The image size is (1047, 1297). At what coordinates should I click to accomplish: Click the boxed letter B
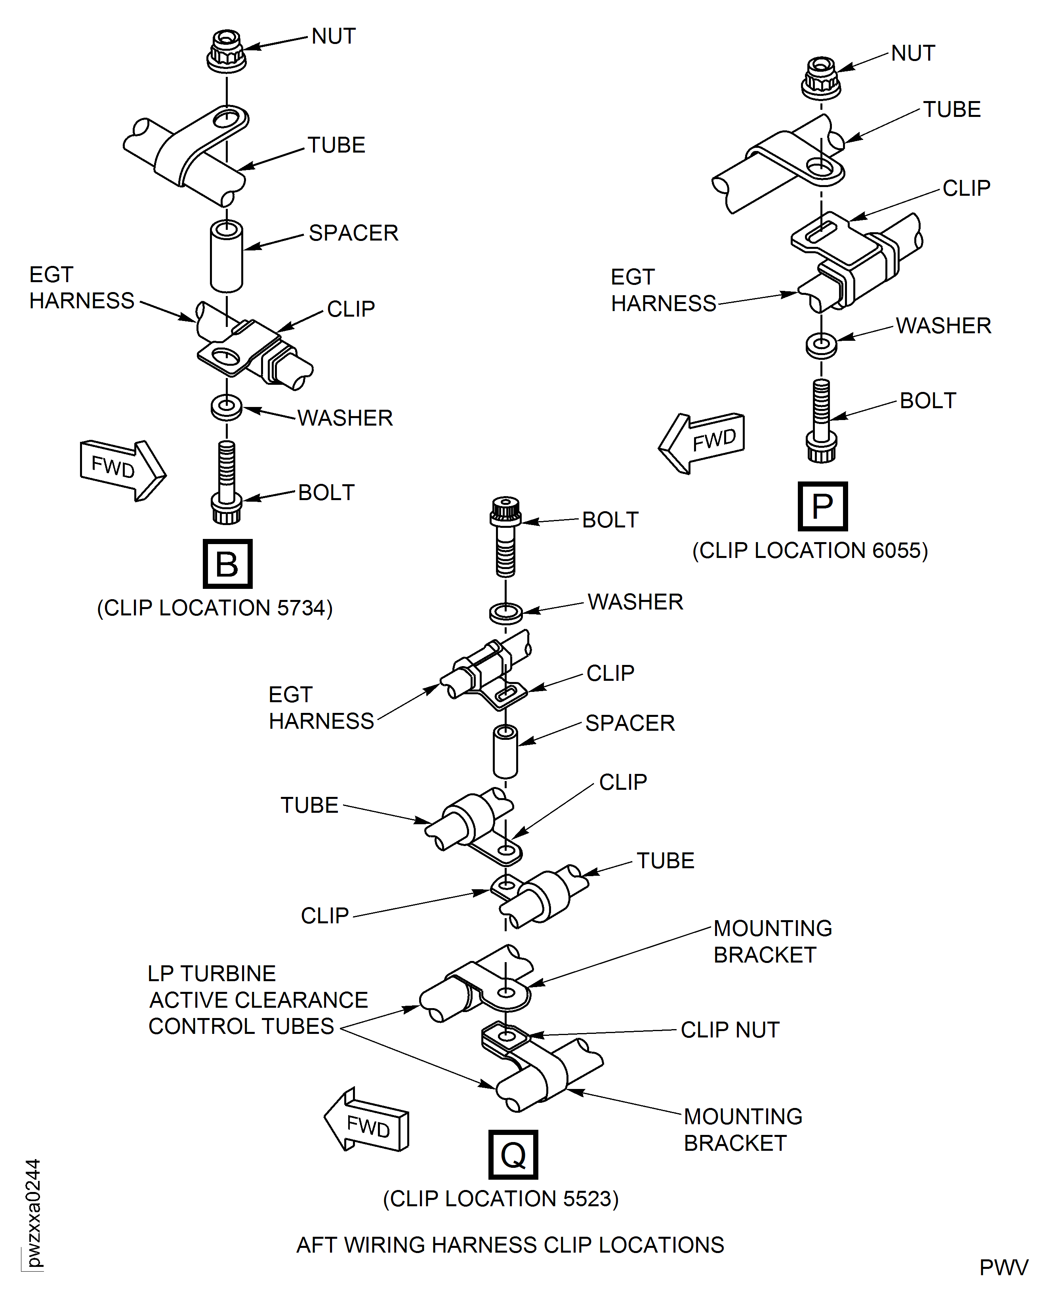[227, 564]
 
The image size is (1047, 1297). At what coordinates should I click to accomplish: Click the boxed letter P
[823, 506]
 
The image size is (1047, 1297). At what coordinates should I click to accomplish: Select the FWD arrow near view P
[703, 442]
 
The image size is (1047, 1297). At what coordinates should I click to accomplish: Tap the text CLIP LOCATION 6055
[810, 550]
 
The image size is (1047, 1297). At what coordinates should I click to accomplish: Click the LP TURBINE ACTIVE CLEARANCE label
[258, 999]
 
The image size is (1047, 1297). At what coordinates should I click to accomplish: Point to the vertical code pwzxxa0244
[33, 1213]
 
